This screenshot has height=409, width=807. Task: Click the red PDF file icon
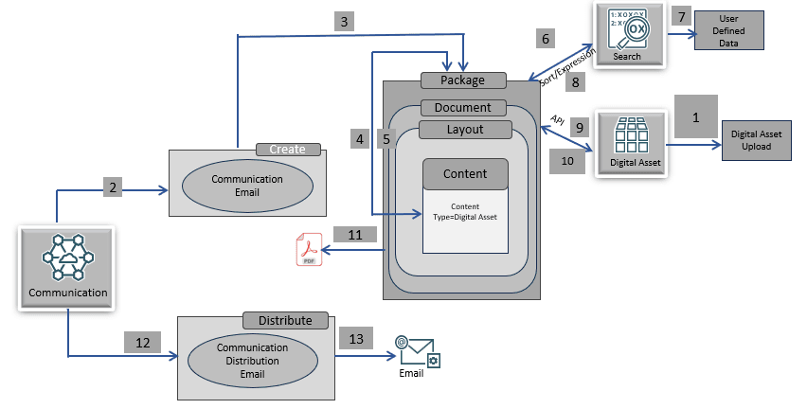[306, 253]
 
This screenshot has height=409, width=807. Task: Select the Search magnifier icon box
[627, 35]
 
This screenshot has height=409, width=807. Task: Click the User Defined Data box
[727, 30]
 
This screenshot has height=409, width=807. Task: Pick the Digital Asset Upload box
[757, 140]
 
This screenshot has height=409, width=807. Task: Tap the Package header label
[463, 80]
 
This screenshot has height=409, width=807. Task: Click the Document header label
[463, 108]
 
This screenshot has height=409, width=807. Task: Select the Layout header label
[464, 129]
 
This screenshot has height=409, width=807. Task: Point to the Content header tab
[465, 173]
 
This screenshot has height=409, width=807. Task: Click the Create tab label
[288, 150]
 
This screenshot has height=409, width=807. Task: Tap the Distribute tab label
[285, 320]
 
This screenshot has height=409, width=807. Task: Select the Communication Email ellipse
[234, 185]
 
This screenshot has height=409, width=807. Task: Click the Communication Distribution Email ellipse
[252, 360]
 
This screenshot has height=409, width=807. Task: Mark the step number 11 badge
[354, 234]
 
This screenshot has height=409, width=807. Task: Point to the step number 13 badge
[356, 339]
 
